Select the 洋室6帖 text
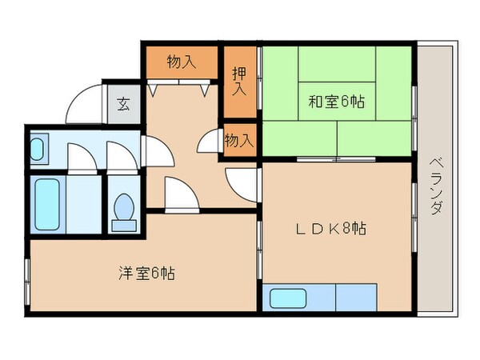(147, 274)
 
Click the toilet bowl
(124, 210)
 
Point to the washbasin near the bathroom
(38, 150)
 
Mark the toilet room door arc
(122, 158)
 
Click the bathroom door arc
(82, 157)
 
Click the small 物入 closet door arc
(210, 142)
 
